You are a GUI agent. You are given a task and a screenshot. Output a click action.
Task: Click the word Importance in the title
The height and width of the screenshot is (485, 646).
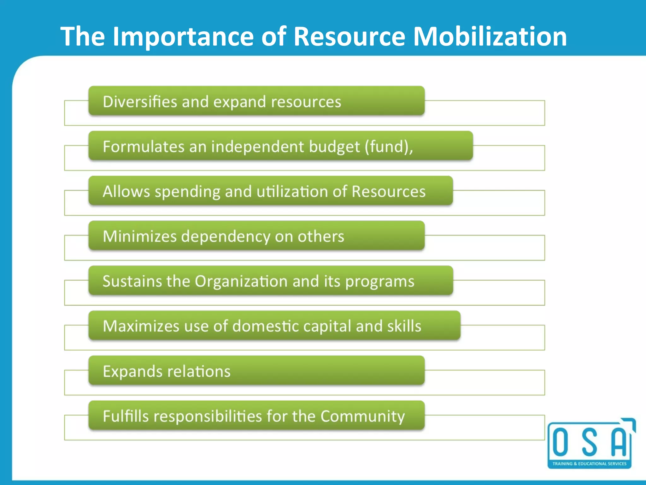tap(183, 37)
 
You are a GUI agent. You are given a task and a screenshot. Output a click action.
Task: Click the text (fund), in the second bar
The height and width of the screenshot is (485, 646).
tap(389, 147)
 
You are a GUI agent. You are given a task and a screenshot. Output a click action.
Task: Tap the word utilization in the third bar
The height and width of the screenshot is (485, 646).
tap(292, 192)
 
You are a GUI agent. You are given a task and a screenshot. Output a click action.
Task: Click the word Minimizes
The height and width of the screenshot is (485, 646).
tap(140, 237)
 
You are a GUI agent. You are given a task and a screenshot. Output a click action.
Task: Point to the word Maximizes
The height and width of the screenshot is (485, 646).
tap(141, 326)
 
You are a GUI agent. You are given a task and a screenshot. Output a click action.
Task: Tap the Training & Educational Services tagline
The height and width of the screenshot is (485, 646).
tap(589, 464)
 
